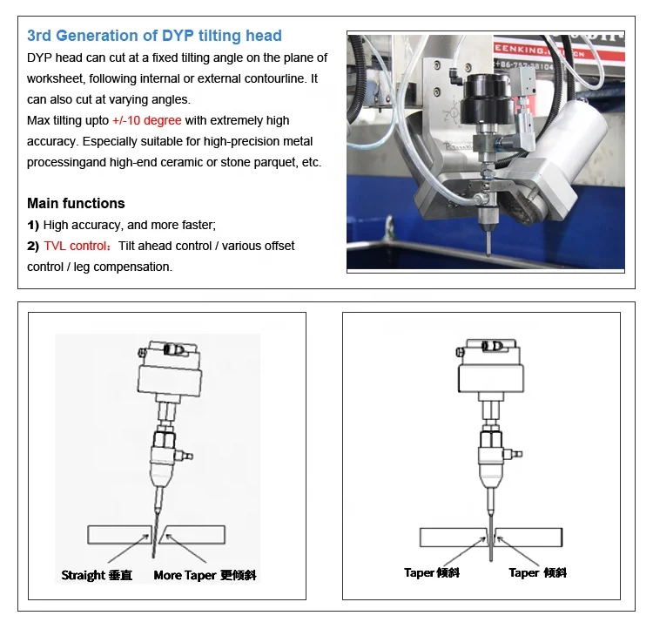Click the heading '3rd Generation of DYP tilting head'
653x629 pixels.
[154, 36]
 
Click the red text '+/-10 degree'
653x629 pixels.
[146, 120]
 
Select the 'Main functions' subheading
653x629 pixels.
[76, 203]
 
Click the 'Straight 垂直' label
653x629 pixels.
[96, 575]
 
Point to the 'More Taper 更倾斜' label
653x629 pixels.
[205, 575]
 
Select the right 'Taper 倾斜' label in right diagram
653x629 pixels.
[537, 572]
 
